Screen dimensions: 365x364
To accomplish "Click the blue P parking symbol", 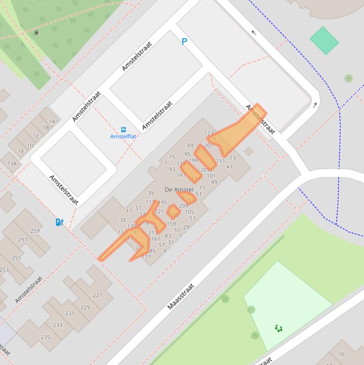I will tap(184, 42).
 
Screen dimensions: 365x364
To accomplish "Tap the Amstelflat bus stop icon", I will tap(124, 129).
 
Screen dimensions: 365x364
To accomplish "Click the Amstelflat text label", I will tap(123, 137).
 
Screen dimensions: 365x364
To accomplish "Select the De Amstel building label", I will tap(179, 190).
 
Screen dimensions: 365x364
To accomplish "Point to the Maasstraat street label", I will tap(180, 297).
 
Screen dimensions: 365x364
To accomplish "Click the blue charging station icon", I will tap(60, 222).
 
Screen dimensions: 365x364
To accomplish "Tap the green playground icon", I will tap(279, 328).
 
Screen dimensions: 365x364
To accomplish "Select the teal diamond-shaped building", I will tap(324, 40).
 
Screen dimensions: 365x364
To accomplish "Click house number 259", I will tap(35, 231).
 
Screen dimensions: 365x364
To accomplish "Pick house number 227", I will tap(98, 295).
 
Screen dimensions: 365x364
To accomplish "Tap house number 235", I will tap(45, 337).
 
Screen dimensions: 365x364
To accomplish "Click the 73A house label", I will tap(12, 164).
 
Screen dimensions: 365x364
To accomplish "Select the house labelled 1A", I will tap(52, 122).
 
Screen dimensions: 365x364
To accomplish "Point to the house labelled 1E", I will tap(21, 152).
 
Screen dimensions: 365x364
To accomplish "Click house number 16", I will tap(341, 354).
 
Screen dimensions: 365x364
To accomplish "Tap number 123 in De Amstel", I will tap(209, 134).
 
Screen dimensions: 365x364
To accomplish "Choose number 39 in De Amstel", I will tap(151, 193).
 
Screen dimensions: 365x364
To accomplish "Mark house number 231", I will tap(70, 313).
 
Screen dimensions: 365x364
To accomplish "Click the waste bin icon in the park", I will tap(36, 33).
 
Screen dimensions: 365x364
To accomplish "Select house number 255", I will tap(16, 257).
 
